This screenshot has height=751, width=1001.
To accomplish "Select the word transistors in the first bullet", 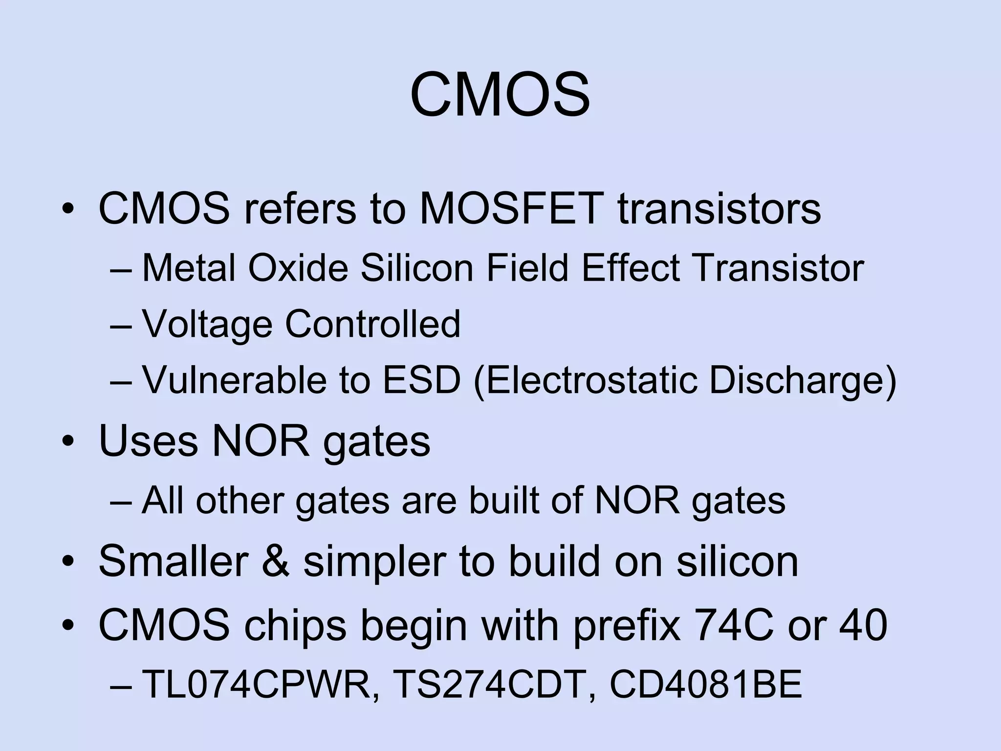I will click(x=719, y=209).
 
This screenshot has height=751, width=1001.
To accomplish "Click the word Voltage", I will click(x=207, y=324).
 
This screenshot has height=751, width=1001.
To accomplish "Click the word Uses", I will click(x=148, y=441).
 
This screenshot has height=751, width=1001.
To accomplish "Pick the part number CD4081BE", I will click(x=706, y=685).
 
